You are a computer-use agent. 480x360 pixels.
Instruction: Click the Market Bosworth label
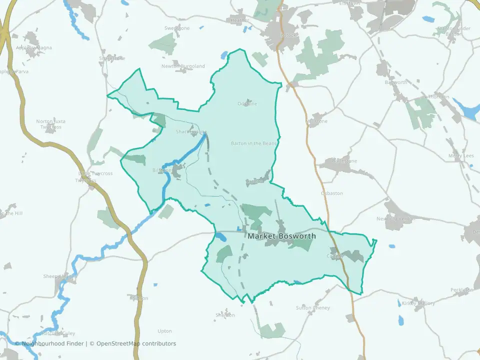coord(281,236)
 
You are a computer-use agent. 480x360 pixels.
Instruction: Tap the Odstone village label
coord(247,104)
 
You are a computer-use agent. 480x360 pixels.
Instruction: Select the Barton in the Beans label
coord(254,143)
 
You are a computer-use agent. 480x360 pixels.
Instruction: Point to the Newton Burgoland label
coord(183,66)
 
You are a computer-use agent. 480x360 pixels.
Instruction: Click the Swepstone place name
coord(177,28)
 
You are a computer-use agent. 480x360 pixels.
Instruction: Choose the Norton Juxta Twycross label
coord(49,124)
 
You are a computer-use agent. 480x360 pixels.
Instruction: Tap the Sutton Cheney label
coord(313,308)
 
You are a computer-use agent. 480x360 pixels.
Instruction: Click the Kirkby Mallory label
coord(417,303)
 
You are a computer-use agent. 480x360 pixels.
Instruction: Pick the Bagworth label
coord(395,82)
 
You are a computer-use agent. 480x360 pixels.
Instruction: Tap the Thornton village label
coord(438,97)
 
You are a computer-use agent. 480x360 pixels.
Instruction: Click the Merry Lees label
coord(461,156)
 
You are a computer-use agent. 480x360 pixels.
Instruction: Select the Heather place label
coord(239,20)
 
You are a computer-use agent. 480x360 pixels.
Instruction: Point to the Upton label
coord(164,331)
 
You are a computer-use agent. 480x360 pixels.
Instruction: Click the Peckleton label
coord(461,290)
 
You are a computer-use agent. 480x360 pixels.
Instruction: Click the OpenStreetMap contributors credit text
coord(136,343)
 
